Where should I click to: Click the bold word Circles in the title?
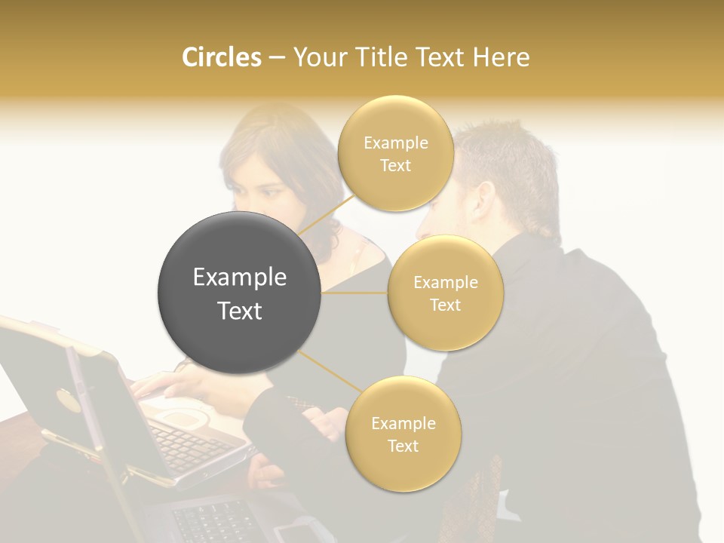click(221, 57)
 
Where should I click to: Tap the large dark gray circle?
click(239, 293)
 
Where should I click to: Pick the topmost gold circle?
click(395, 153)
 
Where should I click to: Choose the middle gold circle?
click(445, 293)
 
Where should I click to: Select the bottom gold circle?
click(403, 434)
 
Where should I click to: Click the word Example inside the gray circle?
click(239, 278)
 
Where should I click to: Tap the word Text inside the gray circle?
click(239, 311)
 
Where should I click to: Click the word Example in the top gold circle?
click(395, 143)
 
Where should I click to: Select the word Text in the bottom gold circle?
click(403, 446)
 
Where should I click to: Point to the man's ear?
click(483, 198)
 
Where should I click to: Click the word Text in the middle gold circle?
click(445, 305)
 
